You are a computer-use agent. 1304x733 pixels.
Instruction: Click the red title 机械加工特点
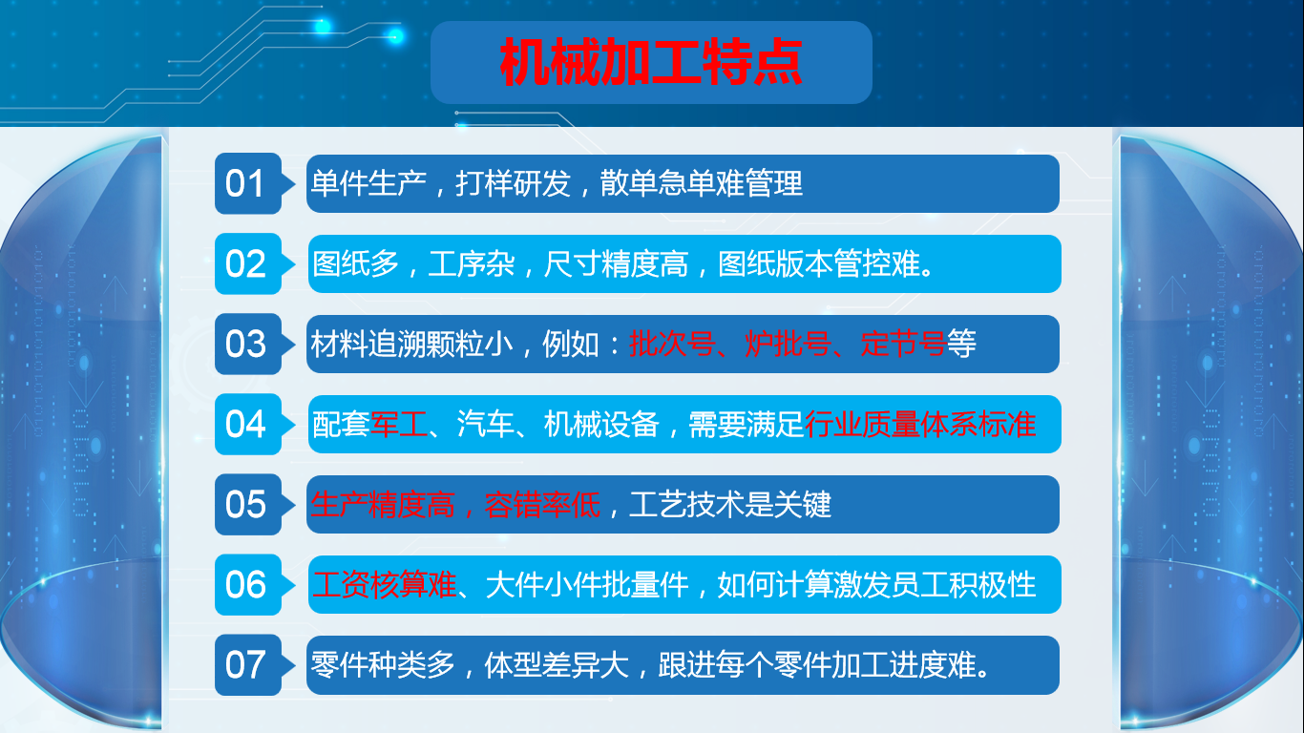(651, 62)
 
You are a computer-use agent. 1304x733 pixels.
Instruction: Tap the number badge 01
(248, 183)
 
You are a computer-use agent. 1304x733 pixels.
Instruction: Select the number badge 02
(248, 263)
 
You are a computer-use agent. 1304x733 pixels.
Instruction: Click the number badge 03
(248, 345)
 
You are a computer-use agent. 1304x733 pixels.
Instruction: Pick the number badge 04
(248, 425)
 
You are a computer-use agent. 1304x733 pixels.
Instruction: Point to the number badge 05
(248, 505)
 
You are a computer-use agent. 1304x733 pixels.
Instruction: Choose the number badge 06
(248, 585)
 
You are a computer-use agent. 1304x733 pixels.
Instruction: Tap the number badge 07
(248, 665)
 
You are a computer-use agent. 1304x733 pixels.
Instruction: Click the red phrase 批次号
(672, 344)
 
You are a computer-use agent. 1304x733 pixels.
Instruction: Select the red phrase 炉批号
(788, 344)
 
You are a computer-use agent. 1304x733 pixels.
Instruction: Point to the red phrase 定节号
(903, 344)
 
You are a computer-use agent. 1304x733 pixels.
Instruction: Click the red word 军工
(399, 424)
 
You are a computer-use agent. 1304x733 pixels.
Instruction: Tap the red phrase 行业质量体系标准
(920, 424)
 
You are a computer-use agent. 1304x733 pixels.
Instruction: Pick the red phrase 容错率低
(542, 504)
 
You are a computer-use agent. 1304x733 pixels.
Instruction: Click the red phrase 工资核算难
(384, 584)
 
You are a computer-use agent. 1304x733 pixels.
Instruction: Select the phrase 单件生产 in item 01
(368, 183)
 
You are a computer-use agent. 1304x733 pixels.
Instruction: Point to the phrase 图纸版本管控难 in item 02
(819, 263)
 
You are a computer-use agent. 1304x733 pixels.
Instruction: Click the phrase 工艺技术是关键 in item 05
(730, 504)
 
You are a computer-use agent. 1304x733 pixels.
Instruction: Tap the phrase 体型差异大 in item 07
(557, 665)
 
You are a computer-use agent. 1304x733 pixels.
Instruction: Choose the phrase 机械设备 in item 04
(601, 424)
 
